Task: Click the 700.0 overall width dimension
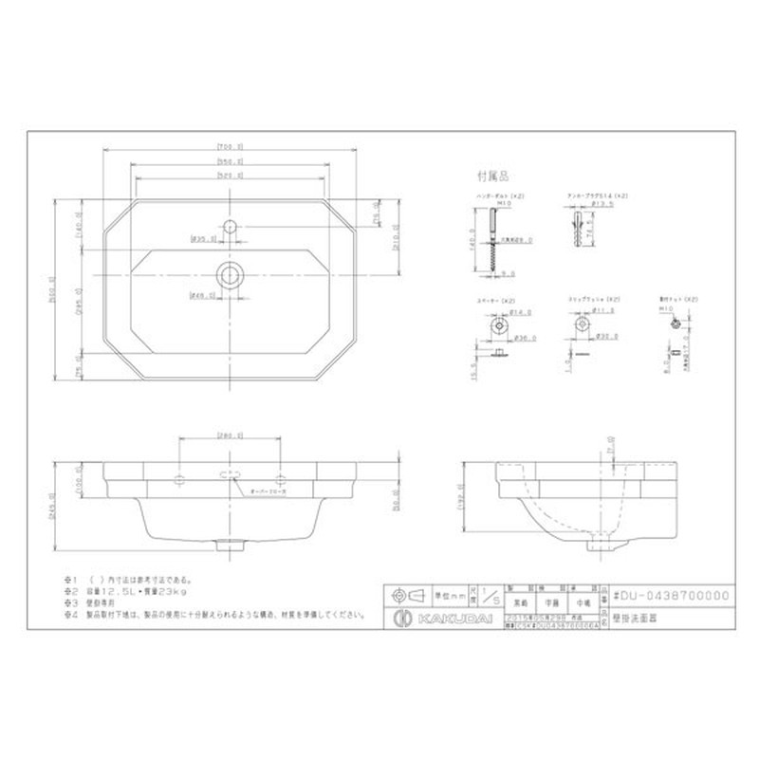tap(230, 146)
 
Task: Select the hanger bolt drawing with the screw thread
tap(492, 241)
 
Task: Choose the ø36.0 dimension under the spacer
tap(521, 337)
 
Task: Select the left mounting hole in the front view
tap(179, 475)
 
